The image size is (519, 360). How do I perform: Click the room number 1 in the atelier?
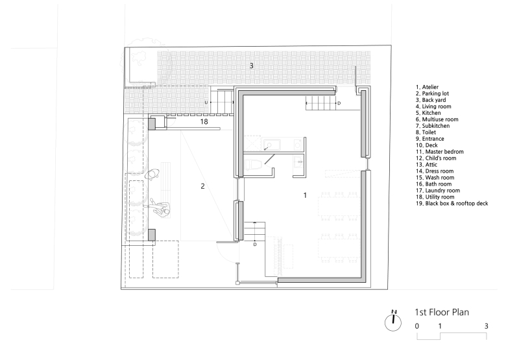pos(304,195)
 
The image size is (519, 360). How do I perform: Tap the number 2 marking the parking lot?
pos(202,186)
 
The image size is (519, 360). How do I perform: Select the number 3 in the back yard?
pos(252,66)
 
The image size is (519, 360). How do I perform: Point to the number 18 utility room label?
pos(204,121)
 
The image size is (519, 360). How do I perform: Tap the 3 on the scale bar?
pos(486,326)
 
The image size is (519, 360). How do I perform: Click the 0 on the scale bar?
pos(418,326)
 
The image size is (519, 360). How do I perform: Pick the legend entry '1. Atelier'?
pos(431,86)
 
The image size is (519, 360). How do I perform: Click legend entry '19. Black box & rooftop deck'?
pos(452,203)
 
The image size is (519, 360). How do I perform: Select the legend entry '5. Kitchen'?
pos(431,112)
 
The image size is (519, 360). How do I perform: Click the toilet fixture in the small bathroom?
pos(256,165)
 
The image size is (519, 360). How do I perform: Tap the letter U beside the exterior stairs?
pos(206,102)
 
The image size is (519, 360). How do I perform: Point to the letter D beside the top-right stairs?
pos(339,102)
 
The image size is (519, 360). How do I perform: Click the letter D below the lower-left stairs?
pos(255,244)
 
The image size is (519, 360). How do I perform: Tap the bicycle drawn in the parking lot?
pos(154,174)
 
